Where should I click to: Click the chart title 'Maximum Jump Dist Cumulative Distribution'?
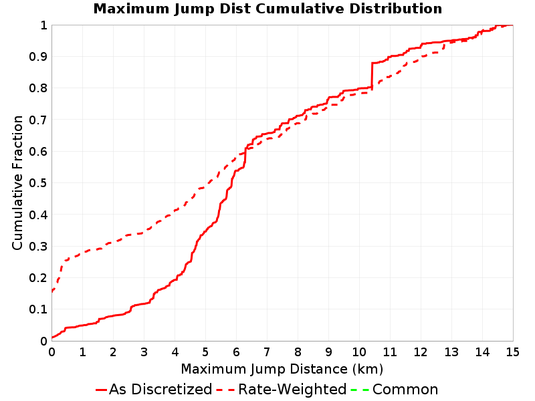(268, 9)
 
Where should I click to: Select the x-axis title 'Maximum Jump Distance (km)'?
(282, 369)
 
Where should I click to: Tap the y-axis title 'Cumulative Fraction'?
(17, 182)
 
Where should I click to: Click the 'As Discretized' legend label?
(160, 389)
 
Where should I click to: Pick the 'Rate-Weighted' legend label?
(292, 389)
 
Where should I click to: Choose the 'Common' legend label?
(405, 390)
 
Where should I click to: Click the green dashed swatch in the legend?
(360, 390)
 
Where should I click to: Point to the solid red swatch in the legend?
(102, 390)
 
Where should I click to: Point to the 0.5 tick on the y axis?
(38, 183)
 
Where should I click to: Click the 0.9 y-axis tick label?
(38, 57)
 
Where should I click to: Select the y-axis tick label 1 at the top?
(43, 25)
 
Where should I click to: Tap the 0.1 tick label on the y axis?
(38, 309)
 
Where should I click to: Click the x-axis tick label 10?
(359, 352)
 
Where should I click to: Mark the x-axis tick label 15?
(513, 352)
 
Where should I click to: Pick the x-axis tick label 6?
(236, 352)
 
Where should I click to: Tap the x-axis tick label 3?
(144, 352)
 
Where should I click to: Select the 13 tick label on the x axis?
(451, 352)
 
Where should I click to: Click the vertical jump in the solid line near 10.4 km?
(372, 76)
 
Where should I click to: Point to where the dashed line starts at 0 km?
(52, 291)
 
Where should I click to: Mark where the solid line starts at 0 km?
(52, 338)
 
